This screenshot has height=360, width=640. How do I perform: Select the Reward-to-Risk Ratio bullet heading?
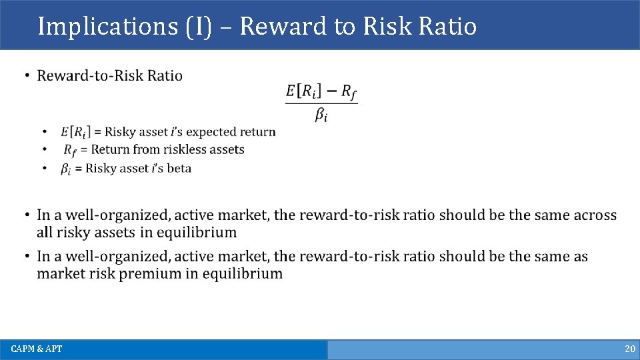[x=109, y=75]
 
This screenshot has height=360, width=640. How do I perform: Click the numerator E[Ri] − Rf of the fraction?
[x=321, y=91]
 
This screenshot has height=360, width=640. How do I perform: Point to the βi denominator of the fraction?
[x=321, y=115]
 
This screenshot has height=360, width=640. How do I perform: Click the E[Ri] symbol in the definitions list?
[x=77, y=132]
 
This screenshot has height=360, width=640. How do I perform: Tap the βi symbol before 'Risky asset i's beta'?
[x=66, y=169]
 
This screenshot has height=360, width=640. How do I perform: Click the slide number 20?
[x=630, y=349]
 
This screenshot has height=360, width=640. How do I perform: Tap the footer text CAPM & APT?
[x=37, y=349]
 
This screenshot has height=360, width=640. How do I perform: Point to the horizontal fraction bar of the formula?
[x=321, y=103]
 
